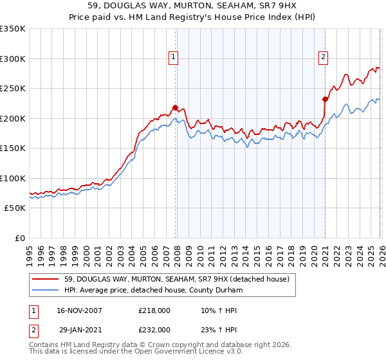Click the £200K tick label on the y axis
pyautogui.click(x=13, y=118)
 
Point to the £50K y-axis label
pyautogui.click(x=15, y=208)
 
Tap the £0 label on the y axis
pyautogui.click(x=21, y=238)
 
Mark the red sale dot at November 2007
pyautogui.click(x=176, y=107)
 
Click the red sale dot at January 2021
pyautogui.click(x=325, y=99)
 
